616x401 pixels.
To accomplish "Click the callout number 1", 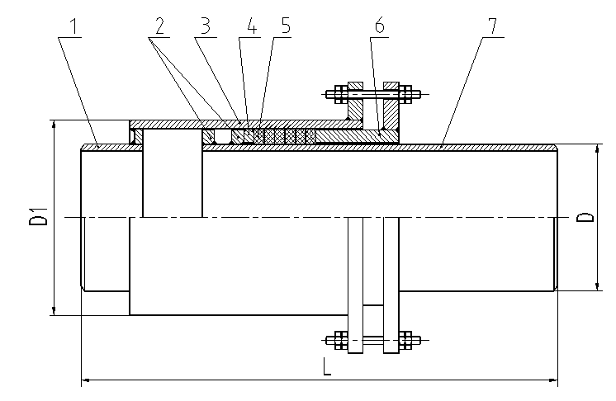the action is pyautogui.click(x=73, y=26).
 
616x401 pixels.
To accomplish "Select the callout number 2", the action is pyautogui.click(x=159, y=26).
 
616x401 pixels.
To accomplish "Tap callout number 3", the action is pyautogui.click(x=206, y=26).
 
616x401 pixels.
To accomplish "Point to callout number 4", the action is pyautogui.click(x=252, y=26).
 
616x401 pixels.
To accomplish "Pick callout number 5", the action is pyautogui.click(x=286, y=26).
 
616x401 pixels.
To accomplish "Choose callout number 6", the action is pyautogui.click(x=379, y=26).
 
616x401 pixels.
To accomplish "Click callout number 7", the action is pyautogui.click(x=492, y=26).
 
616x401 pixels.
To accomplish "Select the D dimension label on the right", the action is pyautogui.click(x=585, y=218).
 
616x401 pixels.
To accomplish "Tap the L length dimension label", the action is pyautogui.click(x=326, y=367).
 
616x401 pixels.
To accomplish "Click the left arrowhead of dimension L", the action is pyautogui.click(x=86, y=380).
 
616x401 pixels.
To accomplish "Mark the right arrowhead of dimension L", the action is pyautogui.click(x=552, y=380).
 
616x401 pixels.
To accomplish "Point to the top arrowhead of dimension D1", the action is pyautogui.click(x=54, y=125).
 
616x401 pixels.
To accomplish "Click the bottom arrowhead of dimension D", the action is pyautogui.click(x=597, y=285).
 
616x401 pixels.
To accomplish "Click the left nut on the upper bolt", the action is pyautogui.click(x=341, y=94).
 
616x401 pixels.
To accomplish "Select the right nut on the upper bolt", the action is pyautogui.click(x=405, y=94).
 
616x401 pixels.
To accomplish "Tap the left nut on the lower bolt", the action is pyautogui.click(x=341, y=340).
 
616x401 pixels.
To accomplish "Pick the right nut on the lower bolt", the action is pyautogui.click(x=405, y=340).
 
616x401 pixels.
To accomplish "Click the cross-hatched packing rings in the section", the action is pyautogui.click(x=285, y=136).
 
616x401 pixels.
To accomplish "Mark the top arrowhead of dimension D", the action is pyautogui.click(x=597, y=149).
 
